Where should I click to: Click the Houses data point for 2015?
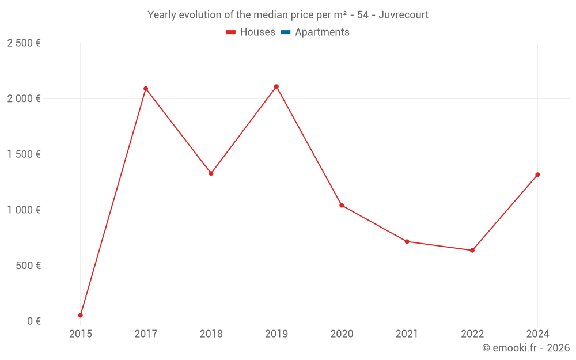point(81,315)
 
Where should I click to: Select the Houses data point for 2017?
point(146,89)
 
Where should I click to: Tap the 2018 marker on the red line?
point(211,173)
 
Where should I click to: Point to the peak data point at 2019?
point(276,86)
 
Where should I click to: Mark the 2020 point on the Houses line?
point(342,206)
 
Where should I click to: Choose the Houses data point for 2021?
point(407,241)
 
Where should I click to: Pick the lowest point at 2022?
point(472,251)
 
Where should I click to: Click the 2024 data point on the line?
point(537,175)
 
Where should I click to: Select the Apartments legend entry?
point(322,32)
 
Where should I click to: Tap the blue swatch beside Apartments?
point(285,32)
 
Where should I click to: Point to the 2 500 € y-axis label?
point(24,43)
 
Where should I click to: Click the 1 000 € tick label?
point(24,210)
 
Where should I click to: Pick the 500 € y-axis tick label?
point(28,266)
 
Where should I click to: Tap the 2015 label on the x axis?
point(81,334)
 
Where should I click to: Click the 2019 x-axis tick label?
point(276,334)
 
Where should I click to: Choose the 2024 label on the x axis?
point(537,334)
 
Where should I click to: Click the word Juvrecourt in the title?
point(403,15)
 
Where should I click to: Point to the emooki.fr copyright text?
point(525,348)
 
